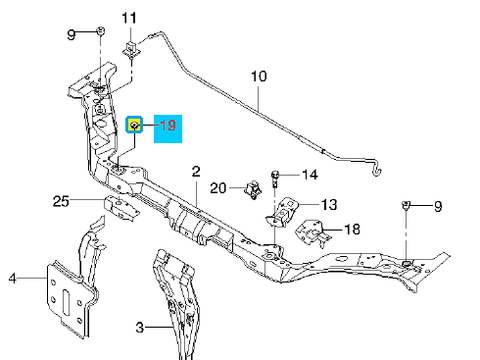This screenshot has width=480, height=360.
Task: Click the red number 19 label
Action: click(x=168, y=125)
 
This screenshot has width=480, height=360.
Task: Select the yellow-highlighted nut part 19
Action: click(x=134, y=125)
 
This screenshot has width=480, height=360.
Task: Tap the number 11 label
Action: click(x=129, y=18)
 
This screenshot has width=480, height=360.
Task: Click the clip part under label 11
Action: click(x=131, y=49)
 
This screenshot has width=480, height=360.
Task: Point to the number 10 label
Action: click(x=259, y=76)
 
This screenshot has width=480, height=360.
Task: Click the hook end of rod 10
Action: click(x=377, y=171)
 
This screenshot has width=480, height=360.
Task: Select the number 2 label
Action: click(x=196, y=172)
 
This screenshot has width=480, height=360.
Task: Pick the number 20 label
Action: click(x=218, y=188)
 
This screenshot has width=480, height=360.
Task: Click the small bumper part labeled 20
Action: click(x=253, y=190)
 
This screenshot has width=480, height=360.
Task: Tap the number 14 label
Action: click(x=310, y=175)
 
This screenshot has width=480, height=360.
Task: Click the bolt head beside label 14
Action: click(x=275, y=175)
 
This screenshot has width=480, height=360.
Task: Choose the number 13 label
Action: click(x=329, y=205)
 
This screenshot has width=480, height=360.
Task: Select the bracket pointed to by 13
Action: click(x=282, y=212)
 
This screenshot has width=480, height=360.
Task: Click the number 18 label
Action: click(x=352, y=229)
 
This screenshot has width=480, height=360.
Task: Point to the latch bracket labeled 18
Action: click(x=313, y=233)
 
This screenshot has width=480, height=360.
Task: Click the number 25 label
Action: click(x=61, y=201)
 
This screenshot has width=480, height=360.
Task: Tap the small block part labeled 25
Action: click(x=121, y=208)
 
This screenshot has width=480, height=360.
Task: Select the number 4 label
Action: click(x=12, y=278)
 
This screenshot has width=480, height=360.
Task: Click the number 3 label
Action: click(x=140, y=327)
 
